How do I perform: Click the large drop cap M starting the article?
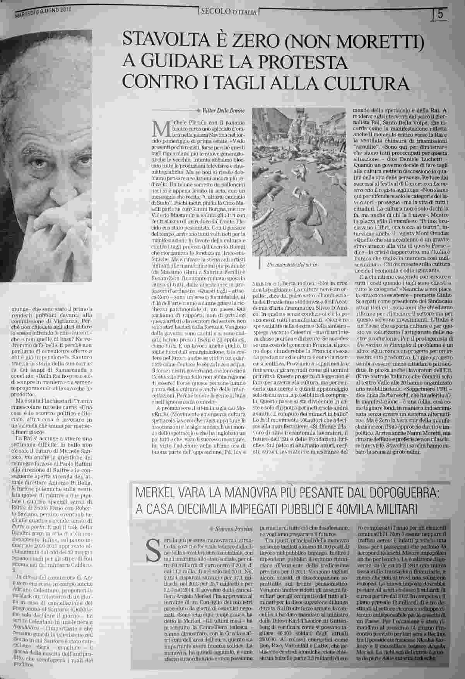pyautogui.click(x=159, y=130)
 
